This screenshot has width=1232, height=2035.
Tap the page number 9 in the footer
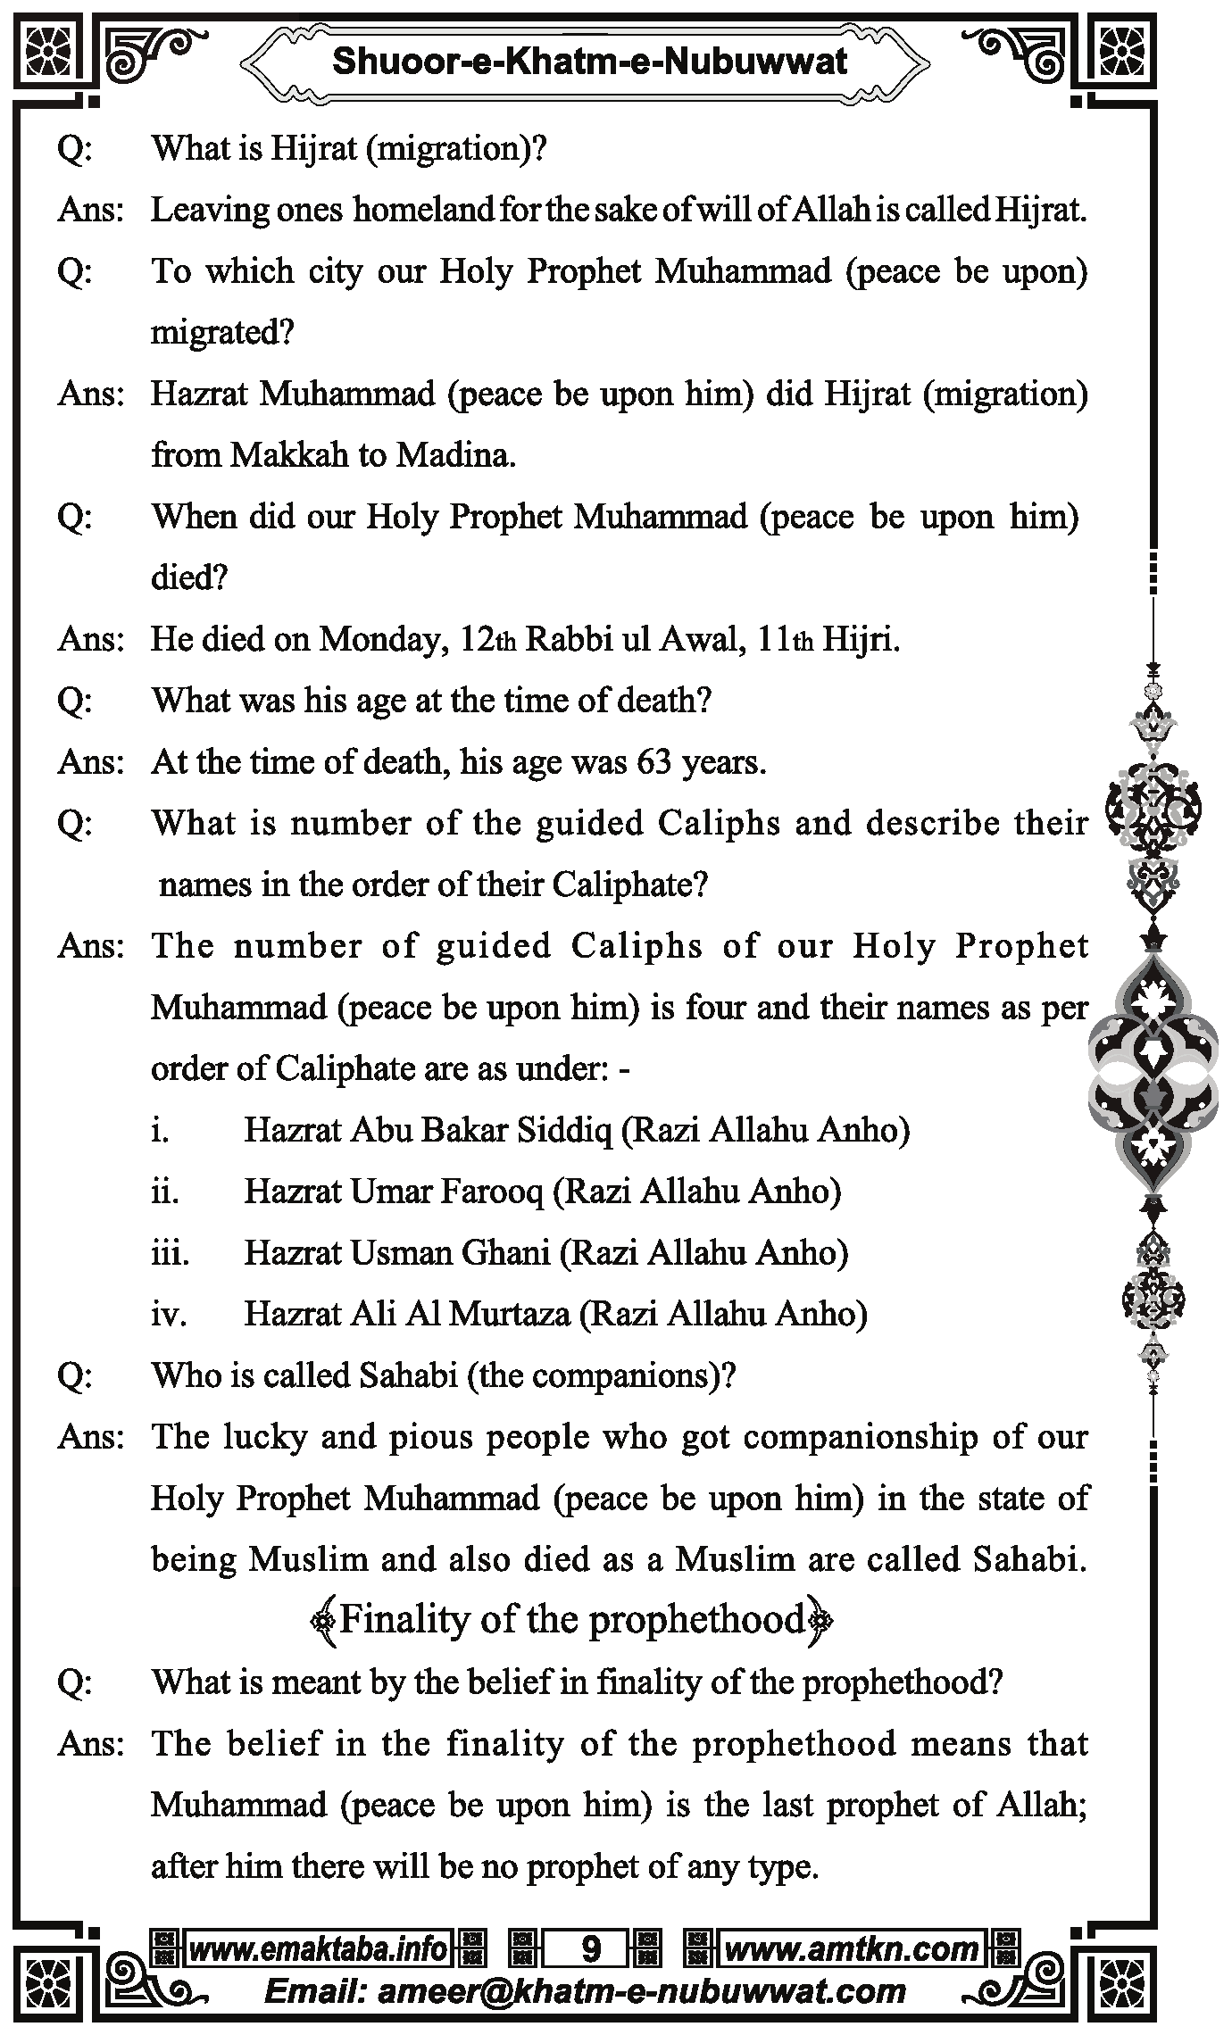590,1948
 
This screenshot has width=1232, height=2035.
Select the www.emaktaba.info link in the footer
318,1948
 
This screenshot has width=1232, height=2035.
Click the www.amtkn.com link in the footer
851,1948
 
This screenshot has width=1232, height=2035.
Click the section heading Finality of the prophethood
571,1619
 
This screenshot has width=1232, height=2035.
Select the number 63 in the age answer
653,762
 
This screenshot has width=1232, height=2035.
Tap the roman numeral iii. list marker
170,1253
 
